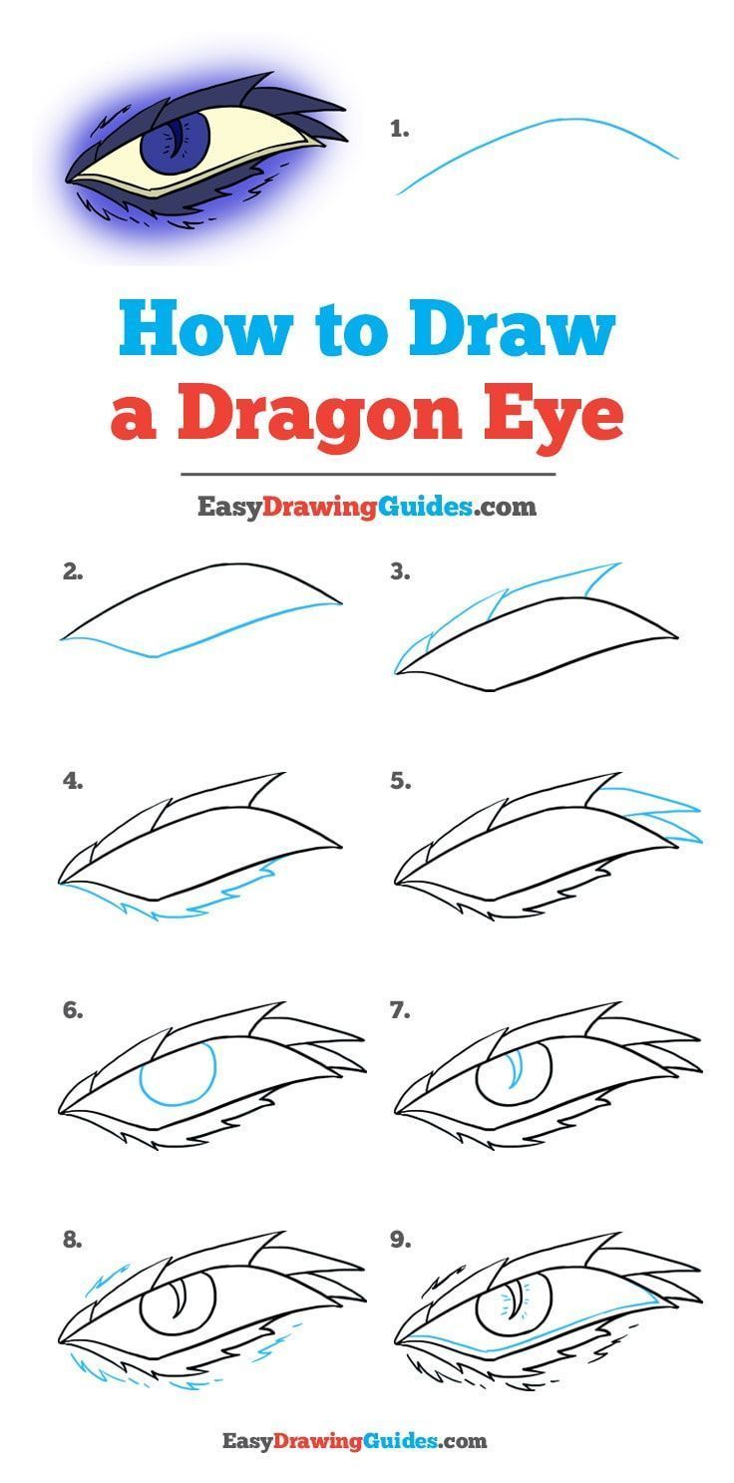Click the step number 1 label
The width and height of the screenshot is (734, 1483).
click(x=400, y=129)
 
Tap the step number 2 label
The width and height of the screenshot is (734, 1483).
click(x=71, y=572)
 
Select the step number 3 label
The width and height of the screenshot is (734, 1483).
click(x=401, y=572)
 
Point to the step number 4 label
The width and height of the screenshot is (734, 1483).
click(x=72, y=782)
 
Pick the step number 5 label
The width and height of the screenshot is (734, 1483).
click(x=401, y=782)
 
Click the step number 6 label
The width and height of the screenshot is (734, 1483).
click(x=72, y=1010)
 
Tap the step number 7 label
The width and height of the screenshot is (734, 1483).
click(x=401, y=1010)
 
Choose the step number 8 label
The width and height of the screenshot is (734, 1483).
click(x=72, y=1241)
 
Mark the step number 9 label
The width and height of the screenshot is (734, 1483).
click(x=401, y=1241)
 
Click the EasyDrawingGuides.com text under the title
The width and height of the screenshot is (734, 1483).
click(x=366, y=507)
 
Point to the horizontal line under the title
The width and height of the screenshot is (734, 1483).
click(x=368, y=475)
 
